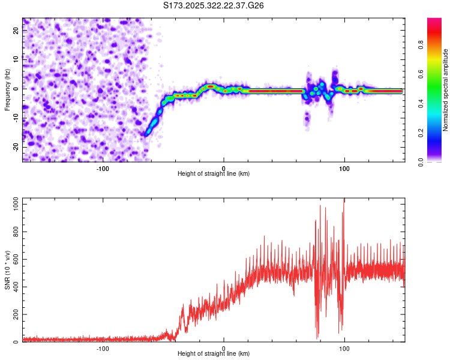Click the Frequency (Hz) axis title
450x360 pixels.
point(7,89)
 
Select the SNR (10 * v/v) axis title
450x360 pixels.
point(7,271)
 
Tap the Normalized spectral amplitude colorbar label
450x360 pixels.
point(446,90)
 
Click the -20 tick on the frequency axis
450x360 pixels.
point(16,146)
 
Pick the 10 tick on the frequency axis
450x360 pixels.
point(16,60)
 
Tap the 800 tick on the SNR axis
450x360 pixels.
point(14,232)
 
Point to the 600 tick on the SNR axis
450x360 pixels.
point(14,259)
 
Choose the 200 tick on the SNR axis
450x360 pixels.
point(14,314)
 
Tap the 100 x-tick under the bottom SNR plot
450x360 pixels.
point(344,349)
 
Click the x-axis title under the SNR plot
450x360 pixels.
point(214,355)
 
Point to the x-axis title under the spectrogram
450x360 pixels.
point(214,174)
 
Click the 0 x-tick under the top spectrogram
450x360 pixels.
point(223,168)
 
